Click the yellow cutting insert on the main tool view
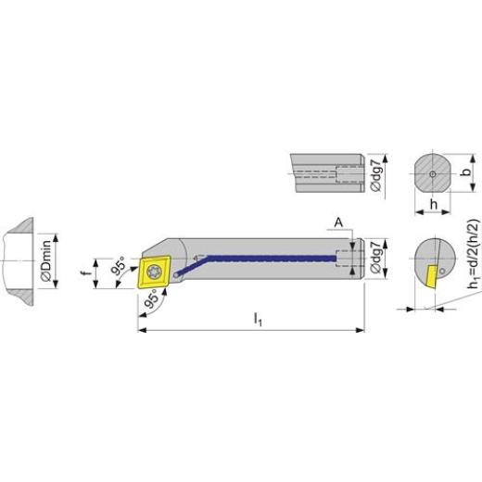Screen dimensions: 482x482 [x=153, y=273]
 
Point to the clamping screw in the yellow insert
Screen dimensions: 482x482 [x=155, y=273]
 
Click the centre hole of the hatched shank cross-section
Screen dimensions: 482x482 [x=431, y=173]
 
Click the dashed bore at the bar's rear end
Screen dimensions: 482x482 [x=348, y=257]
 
